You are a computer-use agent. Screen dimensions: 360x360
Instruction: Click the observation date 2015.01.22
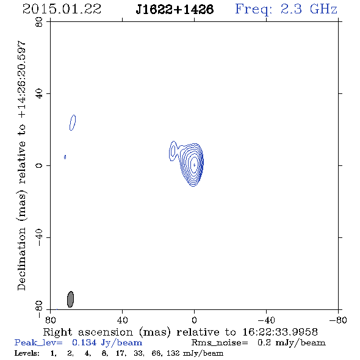pyautogui.click(x=62, y=9)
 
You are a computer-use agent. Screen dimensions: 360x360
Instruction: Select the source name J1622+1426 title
pyautogui.click(x=175, y=9)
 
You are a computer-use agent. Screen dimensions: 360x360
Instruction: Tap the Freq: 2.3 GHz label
pyautogui.click(x=286, y=9)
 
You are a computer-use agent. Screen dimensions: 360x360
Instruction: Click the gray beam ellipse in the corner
pyautogui.click(x=71, y=299)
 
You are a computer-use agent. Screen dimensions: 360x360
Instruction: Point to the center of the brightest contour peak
pyautogui.click(x=195, y=165)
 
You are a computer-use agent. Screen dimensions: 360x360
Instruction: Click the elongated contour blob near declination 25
pyautogui.click(x=73, y=123)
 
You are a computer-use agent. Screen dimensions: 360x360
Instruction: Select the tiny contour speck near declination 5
pyautogui.click(x=65, y=157)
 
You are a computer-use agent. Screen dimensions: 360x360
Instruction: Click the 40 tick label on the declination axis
pyautogui.click(x=39, y=94)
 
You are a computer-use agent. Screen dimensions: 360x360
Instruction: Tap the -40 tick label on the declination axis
pyautogui.click(x=39, y=237)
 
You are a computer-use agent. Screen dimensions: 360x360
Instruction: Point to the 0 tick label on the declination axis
pyautogui.click(x=39, y=165)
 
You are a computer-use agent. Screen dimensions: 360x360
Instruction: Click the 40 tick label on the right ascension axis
pyautogui.click(x=122, y=320)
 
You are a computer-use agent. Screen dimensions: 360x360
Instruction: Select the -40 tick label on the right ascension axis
pyautogui.click(x=266, y=320)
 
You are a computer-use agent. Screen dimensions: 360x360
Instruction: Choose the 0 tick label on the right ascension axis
pyautogui.click(x=194, y=320)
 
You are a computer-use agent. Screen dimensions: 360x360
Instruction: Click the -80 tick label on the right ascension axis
pyautogui.click(x=338, y=320)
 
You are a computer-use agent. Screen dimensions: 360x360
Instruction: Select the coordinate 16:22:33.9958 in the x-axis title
pyautogui.click(x=280, y=332)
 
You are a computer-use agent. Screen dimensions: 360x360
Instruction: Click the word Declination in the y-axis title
pyautogui.click(x=21, y=259)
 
